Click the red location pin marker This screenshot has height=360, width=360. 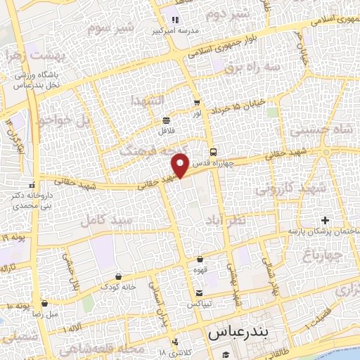coord(181,165)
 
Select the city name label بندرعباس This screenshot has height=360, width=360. coord(235,333)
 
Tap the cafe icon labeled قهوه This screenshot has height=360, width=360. coord(200,259)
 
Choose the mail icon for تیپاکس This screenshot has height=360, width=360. coord(200,292)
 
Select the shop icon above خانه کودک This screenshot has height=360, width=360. coord(117,276)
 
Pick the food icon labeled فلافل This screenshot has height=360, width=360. coord(165,120)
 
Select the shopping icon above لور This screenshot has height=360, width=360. coord(196,103)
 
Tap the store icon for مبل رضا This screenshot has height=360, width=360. coord(46,304)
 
